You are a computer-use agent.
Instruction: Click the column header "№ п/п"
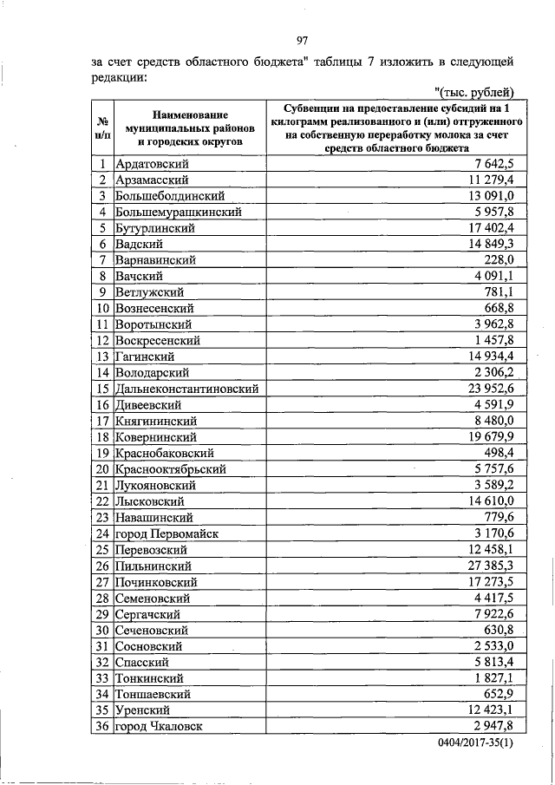pos(102,128)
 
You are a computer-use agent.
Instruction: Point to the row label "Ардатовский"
pos(153,164)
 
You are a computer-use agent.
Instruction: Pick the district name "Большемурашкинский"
pos(178,212)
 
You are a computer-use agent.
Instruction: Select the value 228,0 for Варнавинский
pos(499,260)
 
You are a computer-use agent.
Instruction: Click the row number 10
pos(102,308)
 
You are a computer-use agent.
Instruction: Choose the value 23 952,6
pos(486,389)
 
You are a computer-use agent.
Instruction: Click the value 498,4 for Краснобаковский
pos(499,453)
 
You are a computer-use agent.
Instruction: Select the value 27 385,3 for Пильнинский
pos(486,566)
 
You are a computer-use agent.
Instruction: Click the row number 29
pos(102,614)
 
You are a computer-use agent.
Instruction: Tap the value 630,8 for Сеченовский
pos(499,630)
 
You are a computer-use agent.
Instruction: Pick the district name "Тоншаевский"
pos(154,694)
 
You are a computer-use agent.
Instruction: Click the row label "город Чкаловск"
pos(160,726)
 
